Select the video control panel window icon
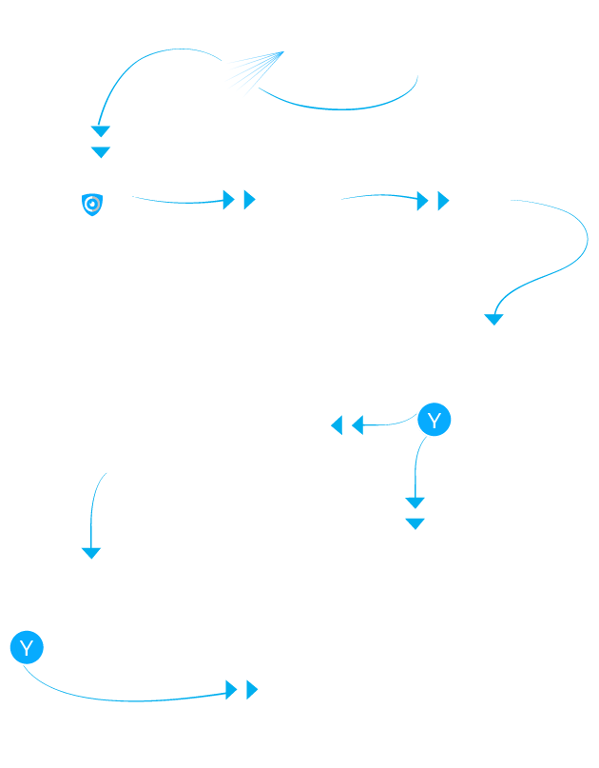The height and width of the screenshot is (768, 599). (105, 200)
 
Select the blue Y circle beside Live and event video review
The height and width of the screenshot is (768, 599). (435, 420)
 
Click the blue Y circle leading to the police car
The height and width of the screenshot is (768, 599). (27, 648)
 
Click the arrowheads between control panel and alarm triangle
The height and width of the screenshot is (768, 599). (238, 199)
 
